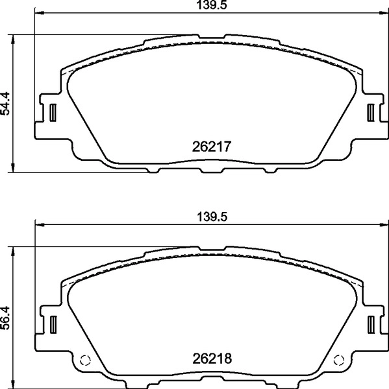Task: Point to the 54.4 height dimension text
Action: [6, 103]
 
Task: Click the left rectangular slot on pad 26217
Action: [51, 112]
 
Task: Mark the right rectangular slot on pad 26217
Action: [371, 112]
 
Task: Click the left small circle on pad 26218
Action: [84, 361]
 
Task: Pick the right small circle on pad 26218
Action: [338, 361]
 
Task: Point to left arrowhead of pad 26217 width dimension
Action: [37, 13]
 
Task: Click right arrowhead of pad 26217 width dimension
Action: [384, 13]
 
